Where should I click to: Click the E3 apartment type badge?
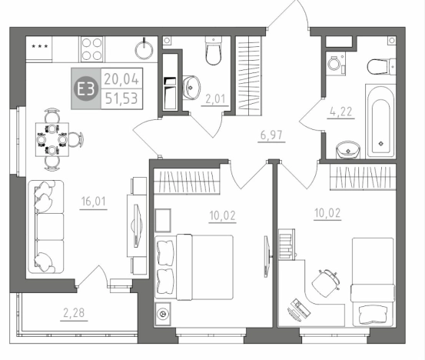(85, 88)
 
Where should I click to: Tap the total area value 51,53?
(121, 98)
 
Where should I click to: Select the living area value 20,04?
(121, 79)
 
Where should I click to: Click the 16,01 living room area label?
(94, 202)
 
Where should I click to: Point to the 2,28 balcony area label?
(74, 313)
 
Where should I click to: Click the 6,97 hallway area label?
(271, 135)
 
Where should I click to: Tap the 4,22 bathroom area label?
(341, 112)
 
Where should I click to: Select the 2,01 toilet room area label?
(215, 99)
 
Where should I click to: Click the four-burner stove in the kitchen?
(91, 49)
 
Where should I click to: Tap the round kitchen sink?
(144, 50)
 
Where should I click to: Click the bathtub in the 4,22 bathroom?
(380, 122)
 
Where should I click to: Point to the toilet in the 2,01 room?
(214, 51)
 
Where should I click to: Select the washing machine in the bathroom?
(336, 64)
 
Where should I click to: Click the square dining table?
(52, 139)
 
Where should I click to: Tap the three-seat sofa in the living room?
(46, 226)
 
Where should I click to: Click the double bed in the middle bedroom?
(194, 268)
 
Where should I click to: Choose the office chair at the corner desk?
(326, 283)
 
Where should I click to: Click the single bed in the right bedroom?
(373, 282)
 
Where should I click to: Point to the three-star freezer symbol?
(40, 46)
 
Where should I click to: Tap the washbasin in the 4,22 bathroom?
(348, 150)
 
